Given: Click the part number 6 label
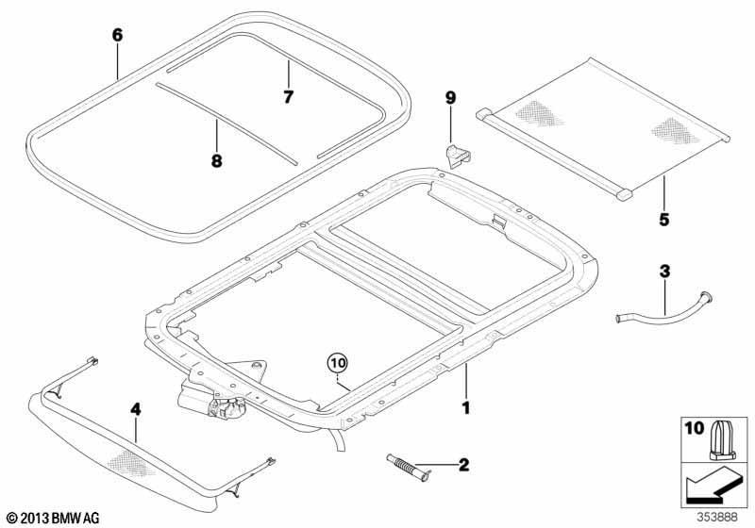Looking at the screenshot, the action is click(117, 35).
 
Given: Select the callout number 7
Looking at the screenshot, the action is click(288, 97).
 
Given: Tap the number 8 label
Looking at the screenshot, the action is click(217, 160).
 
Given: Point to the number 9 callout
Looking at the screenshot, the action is click(450, 98).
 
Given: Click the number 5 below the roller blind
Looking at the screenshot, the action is click(664, 220).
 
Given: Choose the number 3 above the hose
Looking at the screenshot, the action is click(664, 272).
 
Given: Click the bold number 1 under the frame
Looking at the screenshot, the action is click(465, 408).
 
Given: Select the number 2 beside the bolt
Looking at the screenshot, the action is click(463, 465).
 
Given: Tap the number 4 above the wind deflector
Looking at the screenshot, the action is click(136, 410).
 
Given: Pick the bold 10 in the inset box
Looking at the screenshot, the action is click(694, 428).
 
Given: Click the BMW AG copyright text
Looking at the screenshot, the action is click(54, 519).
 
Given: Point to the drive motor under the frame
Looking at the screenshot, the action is click(211, 400).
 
